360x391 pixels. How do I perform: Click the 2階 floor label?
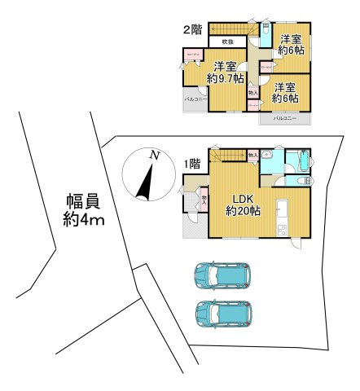pyautogui.click(x=191, y=30)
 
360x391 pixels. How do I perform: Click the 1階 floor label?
pyautogui.click(x=192, y=164)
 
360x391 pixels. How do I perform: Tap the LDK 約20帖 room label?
pyautogui.click(x=243, y=204)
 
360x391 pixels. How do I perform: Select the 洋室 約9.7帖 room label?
pyautogui.click(x=226, y=72)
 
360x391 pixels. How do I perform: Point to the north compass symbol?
pyautogui.click(x=147, y=175)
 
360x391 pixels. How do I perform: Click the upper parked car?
pyautogui.click(x=222, y=276)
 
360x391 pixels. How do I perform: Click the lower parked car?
pyautogui.click(x=222, y=313)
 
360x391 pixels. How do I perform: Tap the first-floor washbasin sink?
pyautogui.click(x=277, y=159)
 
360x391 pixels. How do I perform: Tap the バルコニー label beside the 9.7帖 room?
pyautogui.click(x=195, y=99)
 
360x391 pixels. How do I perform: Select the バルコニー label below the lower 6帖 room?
pyautogui.click(x=284, y=119)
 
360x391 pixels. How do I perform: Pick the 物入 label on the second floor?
pyautogui.click(x=252, y=93)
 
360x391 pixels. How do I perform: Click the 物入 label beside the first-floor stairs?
pyautogui.click(x=252, y=154)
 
